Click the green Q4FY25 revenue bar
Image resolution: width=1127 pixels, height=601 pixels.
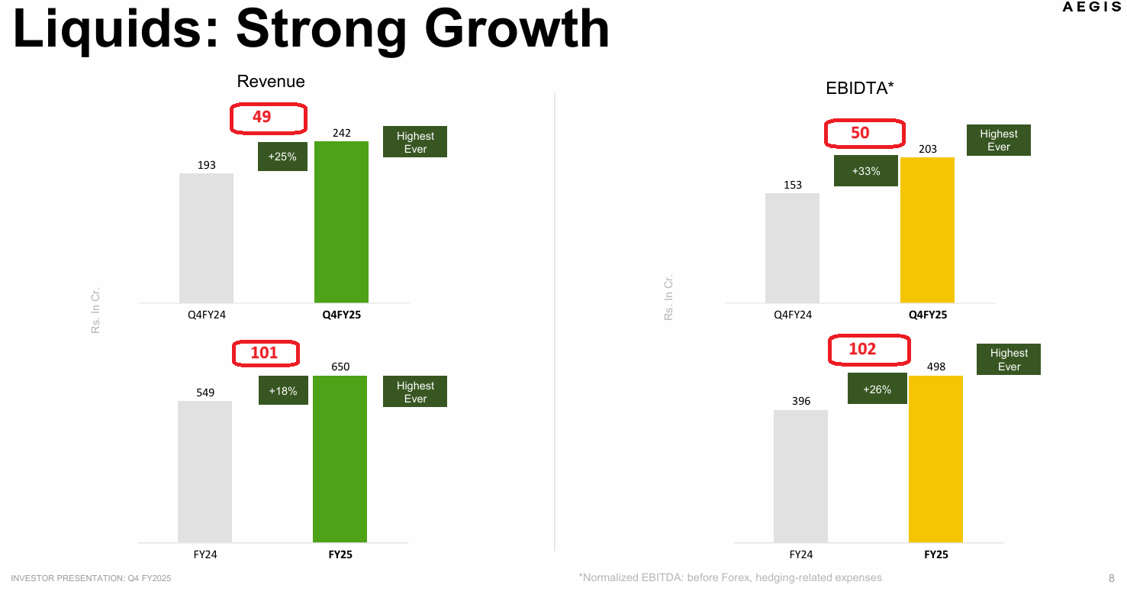[x=341, y=222]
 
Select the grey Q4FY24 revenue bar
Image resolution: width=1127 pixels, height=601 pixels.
[x=206, y=238]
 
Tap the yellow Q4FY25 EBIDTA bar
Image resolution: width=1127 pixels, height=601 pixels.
[x=927, y=230]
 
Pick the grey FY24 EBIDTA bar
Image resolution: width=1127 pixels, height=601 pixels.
[x=800, y=477]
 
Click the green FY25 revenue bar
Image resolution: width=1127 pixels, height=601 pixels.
[x=340, y=459]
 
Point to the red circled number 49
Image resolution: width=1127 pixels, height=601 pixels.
[x=262, y=117]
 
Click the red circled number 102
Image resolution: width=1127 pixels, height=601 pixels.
[x=862, y=349]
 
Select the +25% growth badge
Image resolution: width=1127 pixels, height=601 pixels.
[x=283, y=157]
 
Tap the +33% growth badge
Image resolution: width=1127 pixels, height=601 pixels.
[x=866, y=171]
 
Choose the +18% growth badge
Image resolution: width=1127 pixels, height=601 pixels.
[x=283, y=390]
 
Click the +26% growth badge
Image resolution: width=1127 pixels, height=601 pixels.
[x=877, y=389]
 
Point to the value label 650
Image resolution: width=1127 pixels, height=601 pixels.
[x=340, y=367]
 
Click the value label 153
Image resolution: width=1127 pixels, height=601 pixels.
[x=793, y=185]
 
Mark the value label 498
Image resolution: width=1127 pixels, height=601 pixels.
[x=935, y=367]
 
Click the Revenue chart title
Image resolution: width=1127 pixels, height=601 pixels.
[x=271, y=81]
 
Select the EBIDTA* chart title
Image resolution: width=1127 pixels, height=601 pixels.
[x=859, y=88]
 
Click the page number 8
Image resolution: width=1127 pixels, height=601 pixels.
[x=1112, y=578]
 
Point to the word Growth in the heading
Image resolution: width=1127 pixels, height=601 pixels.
[x=517, y=29]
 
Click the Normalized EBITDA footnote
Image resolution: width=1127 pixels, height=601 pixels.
[x=730, y=577]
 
